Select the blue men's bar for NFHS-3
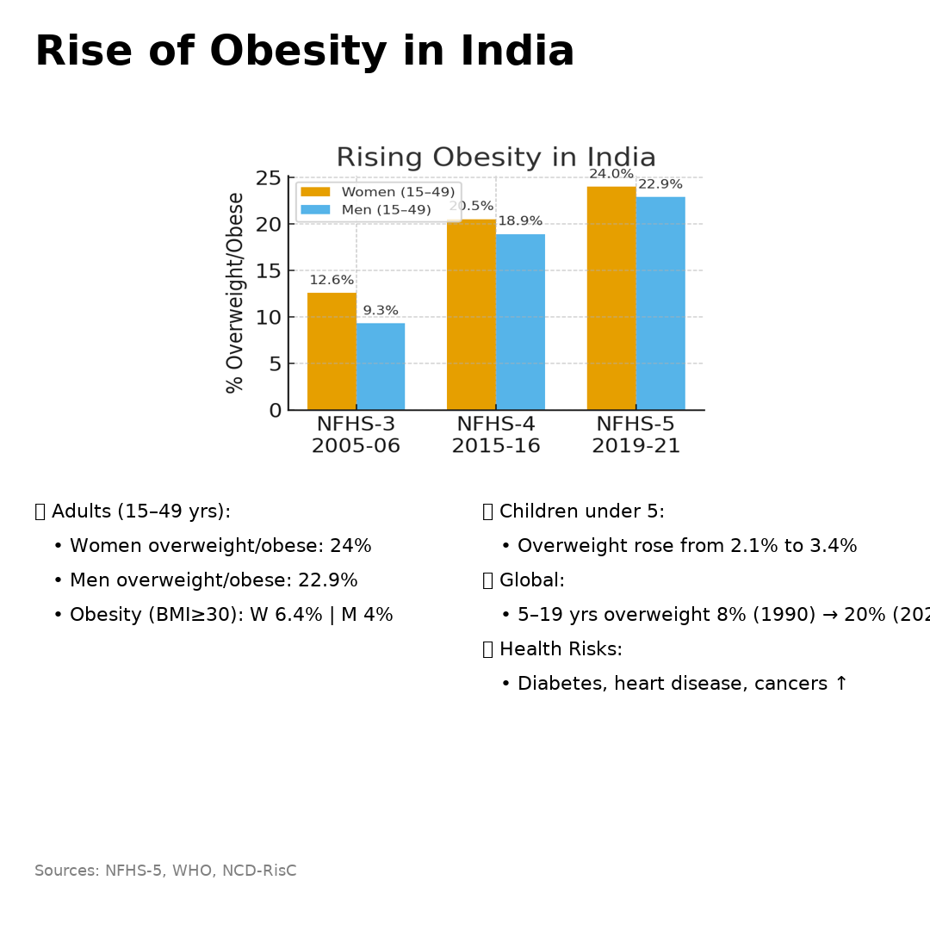point(381,367)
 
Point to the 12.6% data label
point(332,280)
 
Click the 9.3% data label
point(381,311)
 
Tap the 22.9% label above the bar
point(660,184)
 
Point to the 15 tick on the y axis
point(270,270)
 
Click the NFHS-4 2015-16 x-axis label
point(496,435)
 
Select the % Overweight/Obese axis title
point(236,293)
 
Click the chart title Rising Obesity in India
point(496,158)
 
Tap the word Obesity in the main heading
point(298,52)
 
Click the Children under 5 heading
point(581,512)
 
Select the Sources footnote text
point(165,871)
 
